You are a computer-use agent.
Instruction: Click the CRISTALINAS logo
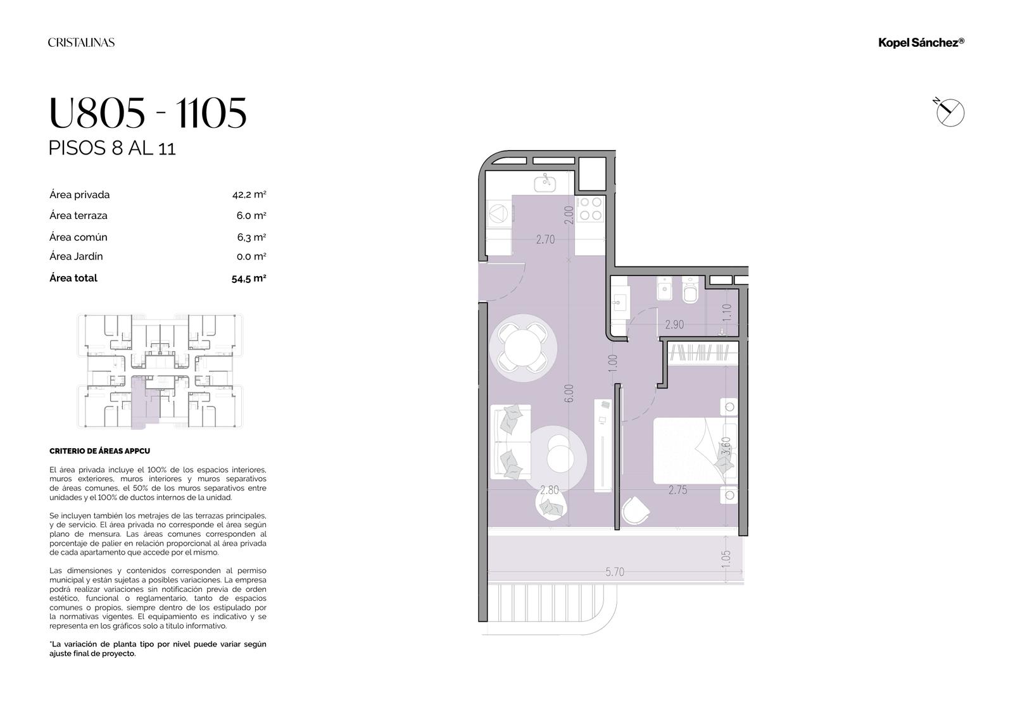click(x=82, y=42)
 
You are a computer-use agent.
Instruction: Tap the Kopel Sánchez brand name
click(x=921, y=43)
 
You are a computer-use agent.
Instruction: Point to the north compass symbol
click(x=949, y=111)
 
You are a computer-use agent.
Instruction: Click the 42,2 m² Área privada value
click(x=249, y=194)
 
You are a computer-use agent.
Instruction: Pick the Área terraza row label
click(x=79, y=215)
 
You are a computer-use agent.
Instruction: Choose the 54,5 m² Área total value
click(x=249, y=278)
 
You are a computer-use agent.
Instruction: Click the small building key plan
click(x=160, y=371)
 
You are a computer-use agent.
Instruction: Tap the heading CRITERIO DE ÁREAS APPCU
click(x=99, y=451)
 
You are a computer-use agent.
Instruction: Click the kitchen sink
click(x=545, y=183)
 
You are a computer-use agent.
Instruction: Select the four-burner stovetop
click(x=591, y=208)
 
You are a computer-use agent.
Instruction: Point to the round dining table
click(x=522, y=348)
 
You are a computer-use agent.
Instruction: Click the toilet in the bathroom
click(x=690, y=290)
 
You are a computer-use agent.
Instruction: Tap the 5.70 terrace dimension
click(x=615, y=572)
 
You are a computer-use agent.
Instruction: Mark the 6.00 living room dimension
click(x=569, y=393)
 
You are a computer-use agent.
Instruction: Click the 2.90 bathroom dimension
click(x=674, y=324)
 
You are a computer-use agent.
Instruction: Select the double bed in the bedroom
click(x=695, y=451)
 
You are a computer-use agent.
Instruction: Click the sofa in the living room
click(x=510, y=441)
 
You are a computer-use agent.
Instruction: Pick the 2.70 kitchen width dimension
click(x=545, y=239)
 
